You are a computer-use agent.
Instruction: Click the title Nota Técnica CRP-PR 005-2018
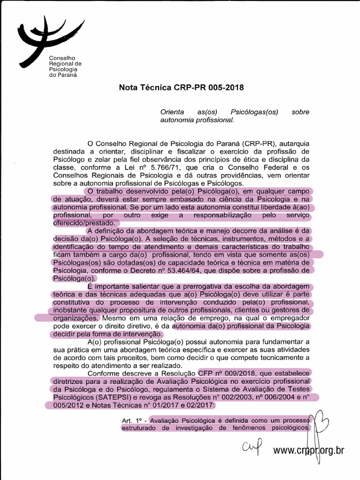pyautogui.click(x=181, y=88)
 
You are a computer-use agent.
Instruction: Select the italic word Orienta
pyautogui.click(x=172, y=112)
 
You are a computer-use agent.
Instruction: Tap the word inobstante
pyautogui.click(x=71, y=310)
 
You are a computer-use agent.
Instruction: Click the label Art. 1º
pyautogui.click(x=133, y=420)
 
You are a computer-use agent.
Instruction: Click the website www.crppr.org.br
pyautogui.click(x=308, y=450)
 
